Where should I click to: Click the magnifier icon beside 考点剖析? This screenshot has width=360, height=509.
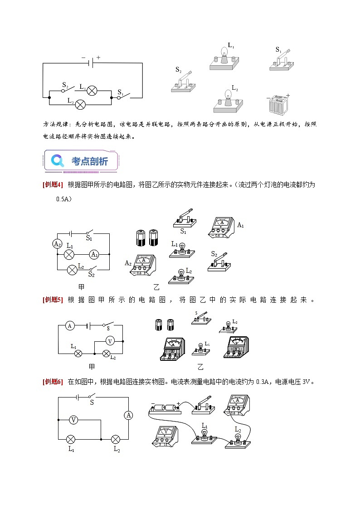(58, 160)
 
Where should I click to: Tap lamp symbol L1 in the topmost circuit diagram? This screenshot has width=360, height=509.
(92, 90)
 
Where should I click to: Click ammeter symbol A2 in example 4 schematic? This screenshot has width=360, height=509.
(58, 244)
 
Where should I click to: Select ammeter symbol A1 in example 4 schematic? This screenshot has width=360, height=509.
(94, 254)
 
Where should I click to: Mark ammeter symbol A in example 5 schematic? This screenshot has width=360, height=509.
(69, 325)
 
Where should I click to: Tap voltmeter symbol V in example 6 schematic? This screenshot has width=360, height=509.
(73, 420)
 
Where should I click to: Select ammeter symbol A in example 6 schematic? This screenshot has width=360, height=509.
(129, 415)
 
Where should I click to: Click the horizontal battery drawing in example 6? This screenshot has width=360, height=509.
(165, 408)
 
